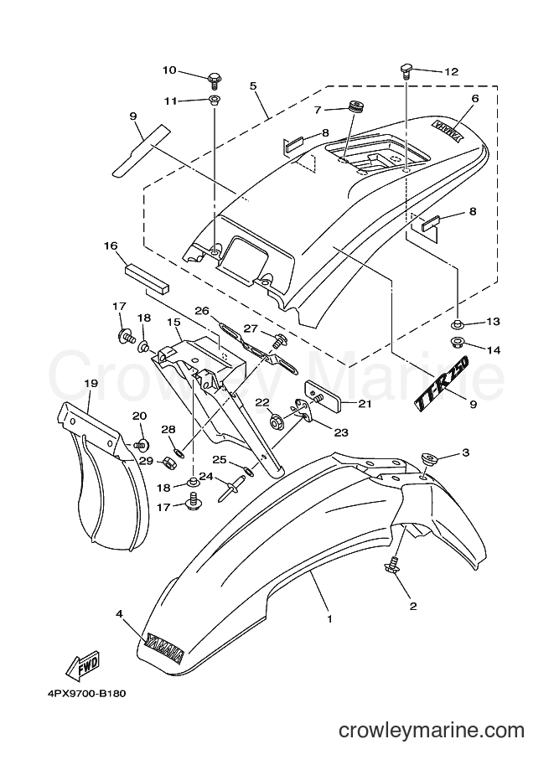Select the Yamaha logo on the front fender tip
(165, 649)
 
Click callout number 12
(452, 72)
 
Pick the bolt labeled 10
(214, 79)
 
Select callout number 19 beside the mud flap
(91, 383)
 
